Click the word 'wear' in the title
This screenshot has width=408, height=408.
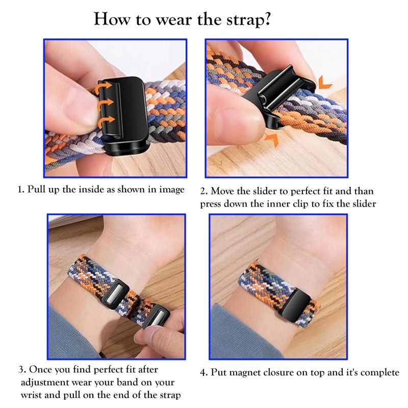pos(162,20)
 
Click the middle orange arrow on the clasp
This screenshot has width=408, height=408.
pos(105,104)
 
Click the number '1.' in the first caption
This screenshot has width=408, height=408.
pos(21,190)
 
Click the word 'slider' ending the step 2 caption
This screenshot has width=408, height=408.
pos(362,204)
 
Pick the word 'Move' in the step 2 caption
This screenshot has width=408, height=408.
pos(222,192)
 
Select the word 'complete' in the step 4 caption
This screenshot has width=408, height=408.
pos(380,373)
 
